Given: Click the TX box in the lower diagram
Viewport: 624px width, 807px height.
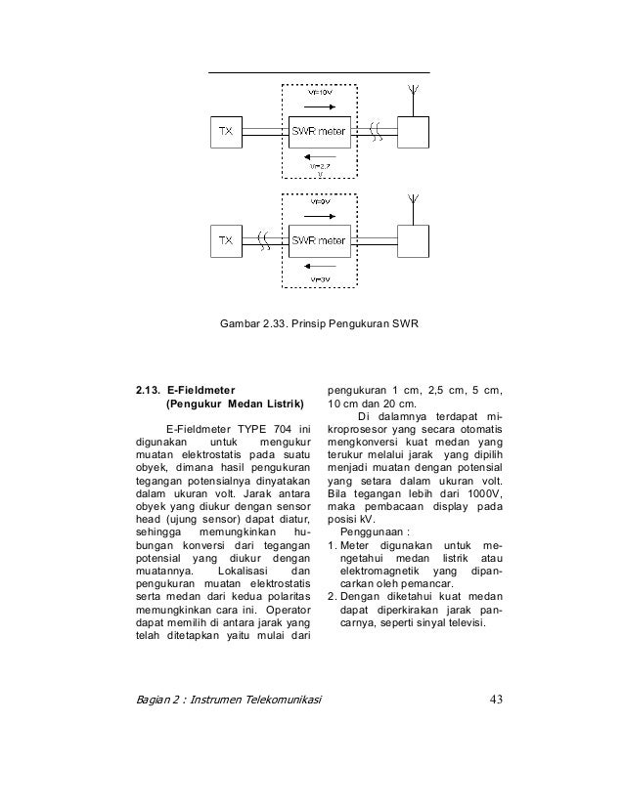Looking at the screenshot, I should (224, 240).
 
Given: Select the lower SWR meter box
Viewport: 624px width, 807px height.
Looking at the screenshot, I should (318, 240).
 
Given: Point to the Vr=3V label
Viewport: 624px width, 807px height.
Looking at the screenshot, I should (318, 277).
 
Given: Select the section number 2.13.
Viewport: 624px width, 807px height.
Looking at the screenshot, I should (148, 389).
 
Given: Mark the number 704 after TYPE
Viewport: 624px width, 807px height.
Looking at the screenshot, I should (282, 426).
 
